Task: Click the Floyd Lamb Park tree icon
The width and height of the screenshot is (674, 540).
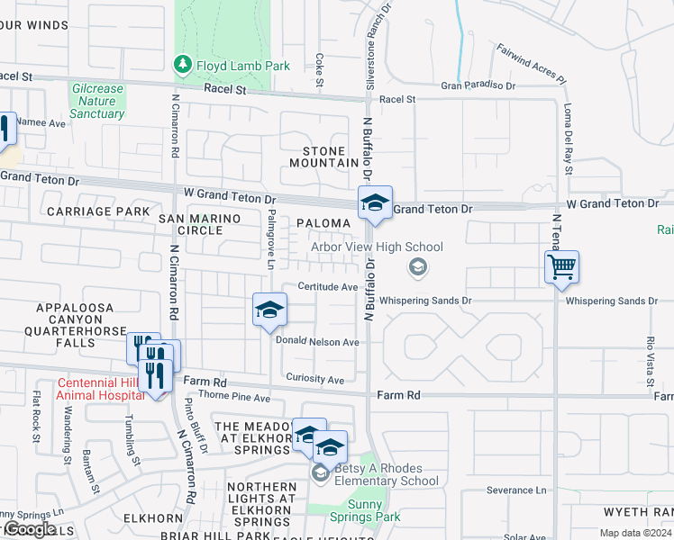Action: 183,65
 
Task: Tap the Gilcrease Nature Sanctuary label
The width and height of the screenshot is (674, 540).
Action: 96,101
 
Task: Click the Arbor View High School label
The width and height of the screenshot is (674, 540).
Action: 377,247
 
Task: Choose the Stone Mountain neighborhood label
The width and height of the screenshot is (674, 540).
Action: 324,156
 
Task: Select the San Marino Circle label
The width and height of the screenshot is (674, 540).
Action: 203,224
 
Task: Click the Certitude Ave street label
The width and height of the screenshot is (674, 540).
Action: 330,287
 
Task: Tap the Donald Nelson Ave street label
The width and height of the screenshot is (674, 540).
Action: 317,342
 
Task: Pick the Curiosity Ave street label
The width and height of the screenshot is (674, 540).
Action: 315,380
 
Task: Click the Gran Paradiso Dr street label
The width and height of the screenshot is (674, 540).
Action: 478,86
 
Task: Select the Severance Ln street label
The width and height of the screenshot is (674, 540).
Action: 517,490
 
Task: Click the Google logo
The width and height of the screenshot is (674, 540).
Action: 29,528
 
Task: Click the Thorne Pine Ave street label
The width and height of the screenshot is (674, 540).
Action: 226,397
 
